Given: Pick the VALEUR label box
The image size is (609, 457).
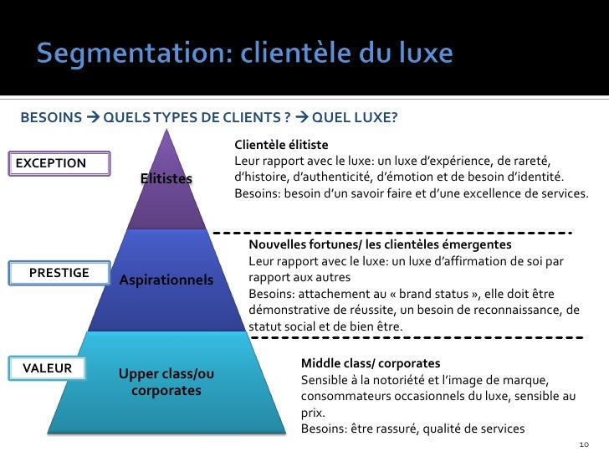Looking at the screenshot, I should [47, 367].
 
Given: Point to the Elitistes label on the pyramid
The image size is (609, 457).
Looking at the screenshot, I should [166, 179].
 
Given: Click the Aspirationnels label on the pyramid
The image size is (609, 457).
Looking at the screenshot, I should [166, 279].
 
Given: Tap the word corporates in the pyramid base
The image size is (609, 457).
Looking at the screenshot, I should [166, 391].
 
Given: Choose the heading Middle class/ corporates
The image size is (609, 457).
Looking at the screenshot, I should [370, 363].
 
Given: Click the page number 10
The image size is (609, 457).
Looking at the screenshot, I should [583, 444].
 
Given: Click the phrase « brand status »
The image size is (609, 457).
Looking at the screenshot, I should [422, 294].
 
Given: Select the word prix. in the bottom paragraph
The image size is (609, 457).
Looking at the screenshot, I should [313, 413].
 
